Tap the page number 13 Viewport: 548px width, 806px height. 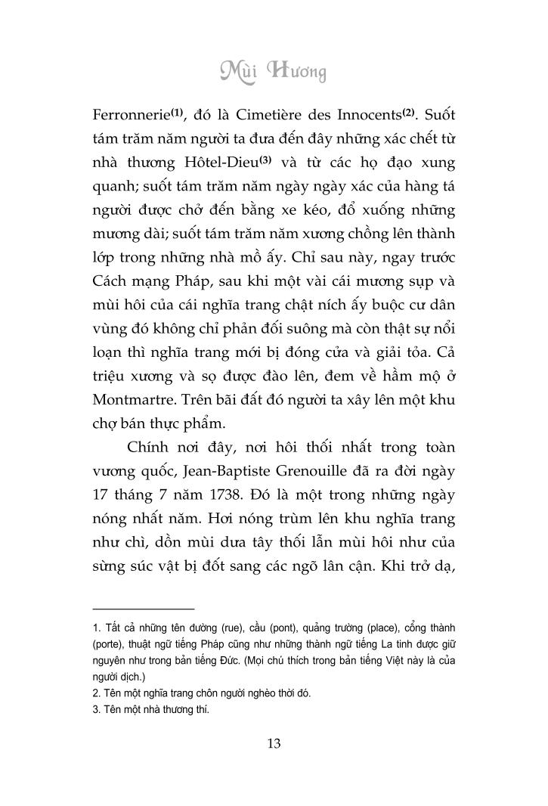[x=274, y=743]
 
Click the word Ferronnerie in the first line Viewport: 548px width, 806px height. [x=131, y=117]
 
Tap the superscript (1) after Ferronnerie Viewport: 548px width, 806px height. [x=178, y=113]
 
